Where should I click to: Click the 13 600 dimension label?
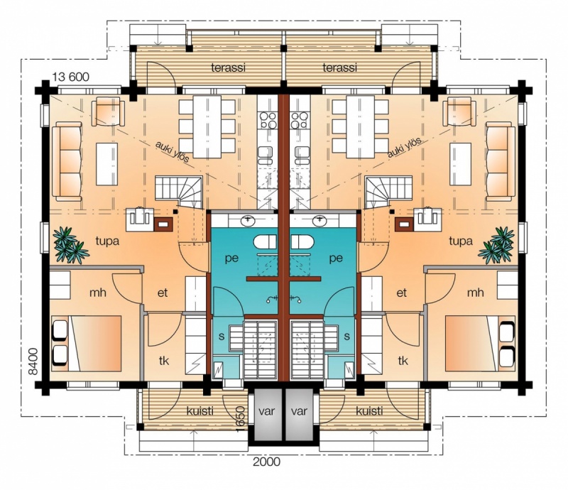click(x=70, y=77)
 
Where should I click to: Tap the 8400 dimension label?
click(x=33, y=361)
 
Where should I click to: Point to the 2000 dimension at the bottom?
click(x=267, y=462)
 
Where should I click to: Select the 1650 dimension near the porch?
click(x=241, y=418)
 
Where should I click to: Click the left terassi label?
click(x=228, y=67)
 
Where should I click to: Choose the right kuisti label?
click(x=369, y=411)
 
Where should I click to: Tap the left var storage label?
click(x=267, y=411)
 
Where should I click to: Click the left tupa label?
click(x=107, y=241)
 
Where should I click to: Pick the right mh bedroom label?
click(x=475, y=293)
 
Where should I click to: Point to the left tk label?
click(x=164, y=361)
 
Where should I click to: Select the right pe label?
click(x=336, y=258)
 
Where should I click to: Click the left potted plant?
click(x=70, y=244)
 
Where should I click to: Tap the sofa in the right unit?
click(x=501, y=161)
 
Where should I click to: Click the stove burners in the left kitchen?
click(x=268, y=120)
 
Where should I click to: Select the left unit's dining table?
click(x=207, y=126)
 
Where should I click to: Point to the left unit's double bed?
click(x=87, y=343)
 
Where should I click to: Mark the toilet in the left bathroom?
click(x=265, y=242)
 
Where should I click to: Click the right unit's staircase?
click(x=387, y=192)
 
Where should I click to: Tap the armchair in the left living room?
click(x=108, y=111)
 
